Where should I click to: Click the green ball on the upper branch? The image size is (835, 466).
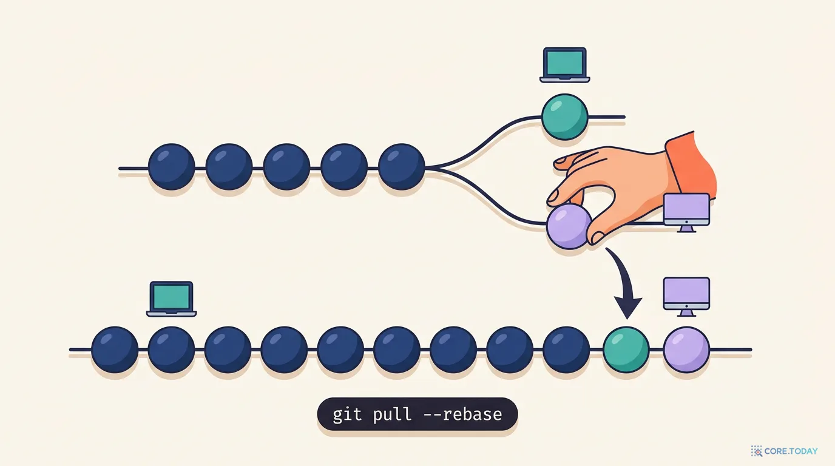(x=564, y=117)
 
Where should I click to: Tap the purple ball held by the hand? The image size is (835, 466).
(x=568, y=226)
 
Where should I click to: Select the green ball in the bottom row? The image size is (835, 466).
(x=626, y=349)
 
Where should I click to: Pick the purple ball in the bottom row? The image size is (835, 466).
(x=686, y=349)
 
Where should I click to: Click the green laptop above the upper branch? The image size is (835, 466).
(x=565, y=65)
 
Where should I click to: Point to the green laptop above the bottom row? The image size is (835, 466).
(x=172, y=299)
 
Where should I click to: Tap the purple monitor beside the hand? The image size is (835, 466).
(x=687, y=212)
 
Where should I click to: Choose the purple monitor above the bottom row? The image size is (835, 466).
(x=686, y=297)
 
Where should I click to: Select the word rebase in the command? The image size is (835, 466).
(x=472, y=414)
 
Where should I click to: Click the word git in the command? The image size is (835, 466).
(x=347, y=415)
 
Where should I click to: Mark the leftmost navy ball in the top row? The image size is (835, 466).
(x=172, y=167)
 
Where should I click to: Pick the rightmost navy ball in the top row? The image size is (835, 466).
(x=402, y=167)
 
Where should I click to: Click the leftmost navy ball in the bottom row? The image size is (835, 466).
(x=115, y=349)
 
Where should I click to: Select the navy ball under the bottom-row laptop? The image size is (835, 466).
(x=172, y=349)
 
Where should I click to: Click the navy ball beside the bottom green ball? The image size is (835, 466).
(x=566, y=349)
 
